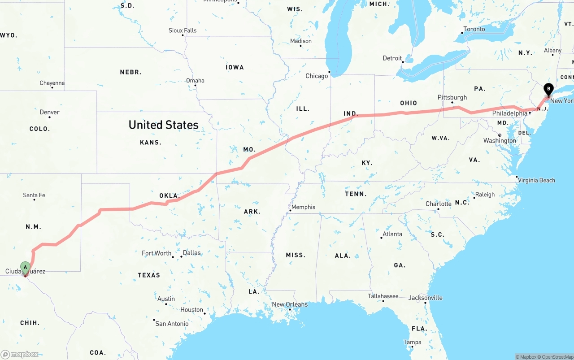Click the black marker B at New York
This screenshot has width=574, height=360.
548,89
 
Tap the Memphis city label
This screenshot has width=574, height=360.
303,207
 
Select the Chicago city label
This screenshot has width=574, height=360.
317,76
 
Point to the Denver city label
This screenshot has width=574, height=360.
49,112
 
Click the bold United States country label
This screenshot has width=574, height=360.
163,125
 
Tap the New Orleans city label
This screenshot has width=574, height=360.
290,304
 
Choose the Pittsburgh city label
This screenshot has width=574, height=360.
452,97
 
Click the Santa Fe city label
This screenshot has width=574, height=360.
34,195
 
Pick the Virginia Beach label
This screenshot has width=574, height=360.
537,180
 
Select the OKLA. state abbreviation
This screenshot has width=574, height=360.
170,196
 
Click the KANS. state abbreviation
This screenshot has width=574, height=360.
151,142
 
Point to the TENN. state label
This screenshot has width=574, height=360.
356,194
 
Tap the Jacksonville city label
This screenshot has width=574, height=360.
425,298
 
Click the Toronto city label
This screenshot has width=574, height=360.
474,29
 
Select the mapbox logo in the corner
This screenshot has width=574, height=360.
20,354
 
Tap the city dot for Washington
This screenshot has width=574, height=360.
500,135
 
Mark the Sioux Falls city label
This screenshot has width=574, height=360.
183,30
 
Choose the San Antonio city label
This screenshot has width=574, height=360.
172,323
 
